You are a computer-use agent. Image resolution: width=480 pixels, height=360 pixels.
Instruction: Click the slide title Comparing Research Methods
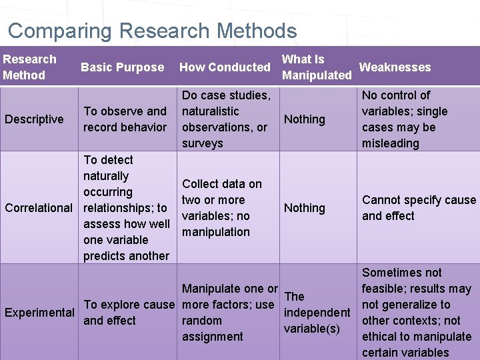click(152, 31)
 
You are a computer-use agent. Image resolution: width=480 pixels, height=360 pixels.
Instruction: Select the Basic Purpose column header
click(122, 67)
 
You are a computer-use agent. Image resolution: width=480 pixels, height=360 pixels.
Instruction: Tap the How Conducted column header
click(225, 67)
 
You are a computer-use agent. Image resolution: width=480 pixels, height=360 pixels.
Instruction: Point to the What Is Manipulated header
click(317, 67)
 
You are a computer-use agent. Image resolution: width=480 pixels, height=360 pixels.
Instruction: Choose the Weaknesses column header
click(395, 67)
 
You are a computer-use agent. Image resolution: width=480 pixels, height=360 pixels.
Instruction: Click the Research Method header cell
click(29, 67)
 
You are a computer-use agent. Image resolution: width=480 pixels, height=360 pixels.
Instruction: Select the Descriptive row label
click(34, 119)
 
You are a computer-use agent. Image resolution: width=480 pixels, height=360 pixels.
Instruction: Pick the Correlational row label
click(39, 208)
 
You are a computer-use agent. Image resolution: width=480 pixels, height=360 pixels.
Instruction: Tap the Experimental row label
click(39, 313)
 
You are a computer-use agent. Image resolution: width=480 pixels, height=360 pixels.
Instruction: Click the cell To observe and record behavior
click(125, 119)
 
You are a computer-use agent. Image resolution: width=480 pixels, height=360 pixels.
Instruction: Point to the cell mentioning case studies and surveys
click(226, 119)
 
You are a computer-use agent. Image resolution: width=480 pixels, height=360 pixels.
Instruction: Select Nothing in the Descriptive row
click(305, 119)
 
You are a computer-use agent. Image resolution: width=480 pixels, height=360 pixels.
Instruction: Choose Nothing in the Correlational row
click(305, 208)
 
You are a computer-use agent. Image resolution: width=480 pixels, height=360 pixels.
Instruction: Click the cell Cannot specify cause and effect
click(419, 208)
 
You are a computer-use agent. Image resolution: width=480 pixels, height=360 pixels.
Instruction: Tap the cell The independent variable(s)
click(317, 313)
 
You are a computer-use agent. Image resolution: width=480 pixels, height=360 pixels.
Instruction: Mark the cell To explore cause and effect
click(129, 313)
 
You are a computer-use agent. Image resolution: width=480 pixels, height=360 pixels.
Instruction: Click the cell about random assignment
click(229, 313)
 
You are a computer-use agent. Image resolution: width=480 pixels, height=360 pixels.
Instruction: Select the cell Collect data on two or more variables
click(222, 208)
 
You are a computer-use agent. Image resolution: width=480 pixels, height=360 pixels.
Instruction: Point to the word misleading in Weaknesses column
click(391, 143)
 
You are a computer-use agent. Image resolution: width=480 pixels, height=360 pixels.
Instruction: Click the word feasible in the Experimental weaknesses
click(383, 289)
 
